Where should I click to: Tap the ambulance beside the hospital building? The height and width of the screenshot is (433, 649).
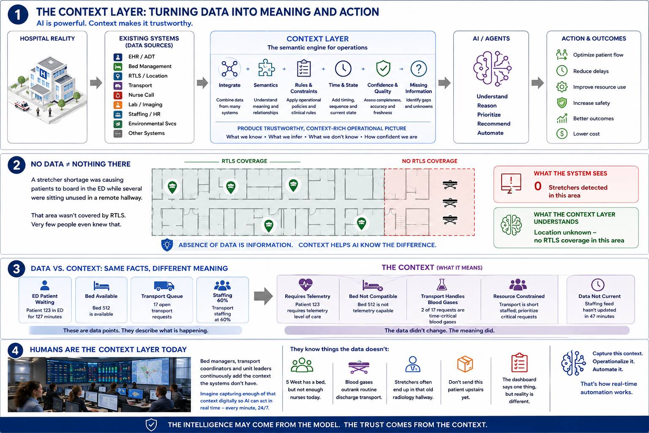(22, 105)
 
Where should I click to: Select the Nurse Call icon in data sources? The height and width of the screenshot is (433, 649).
(117, 95)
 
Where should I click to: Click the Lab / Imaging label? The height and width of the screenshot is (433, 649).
(145, 104)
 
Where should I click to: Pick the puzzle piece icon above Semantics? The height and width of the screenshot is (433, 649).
(266, 68)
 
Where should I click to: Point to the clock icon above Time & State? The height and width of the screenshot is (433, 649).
(343, 69)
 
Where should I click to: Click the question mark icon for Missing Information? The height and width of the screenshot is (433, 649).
(419, 69)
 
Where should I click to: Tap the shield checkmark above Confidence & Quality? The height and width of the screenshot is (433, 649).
(383, 69)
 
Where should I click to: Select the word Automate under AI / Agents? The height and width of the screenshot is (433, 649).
(490, 133)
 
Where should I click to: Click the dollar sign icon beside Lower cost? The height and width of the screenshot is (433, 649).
(562, 134)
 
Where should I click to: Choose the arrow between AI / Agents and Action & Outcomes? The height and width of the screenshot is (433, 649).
(538, 83)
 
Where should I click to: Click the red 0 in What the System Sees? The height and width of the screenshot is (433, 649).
(538, 186)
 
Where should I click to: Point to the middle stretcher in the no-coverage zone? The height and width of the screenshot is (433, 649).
(450, 203)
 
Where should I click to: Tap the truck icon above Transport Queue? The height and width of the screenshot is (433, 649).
(164, 286)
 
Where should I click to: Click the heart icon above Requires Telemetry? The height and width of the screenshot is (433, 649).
(305, 285)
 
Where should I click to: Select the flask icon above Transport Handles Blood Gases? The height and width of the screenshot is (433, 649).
(442, 285)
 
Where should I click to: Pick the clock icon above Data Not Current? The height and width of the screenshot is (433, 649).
(597, 285)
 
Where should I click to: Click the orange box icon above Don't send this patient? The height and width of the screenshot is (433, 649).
(465, 364)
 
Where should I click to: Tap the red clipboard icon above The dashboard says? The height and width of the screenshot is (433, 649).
(519, 362)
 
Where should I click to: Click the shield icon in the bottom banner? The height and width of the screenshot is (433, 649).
(151, 425)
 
